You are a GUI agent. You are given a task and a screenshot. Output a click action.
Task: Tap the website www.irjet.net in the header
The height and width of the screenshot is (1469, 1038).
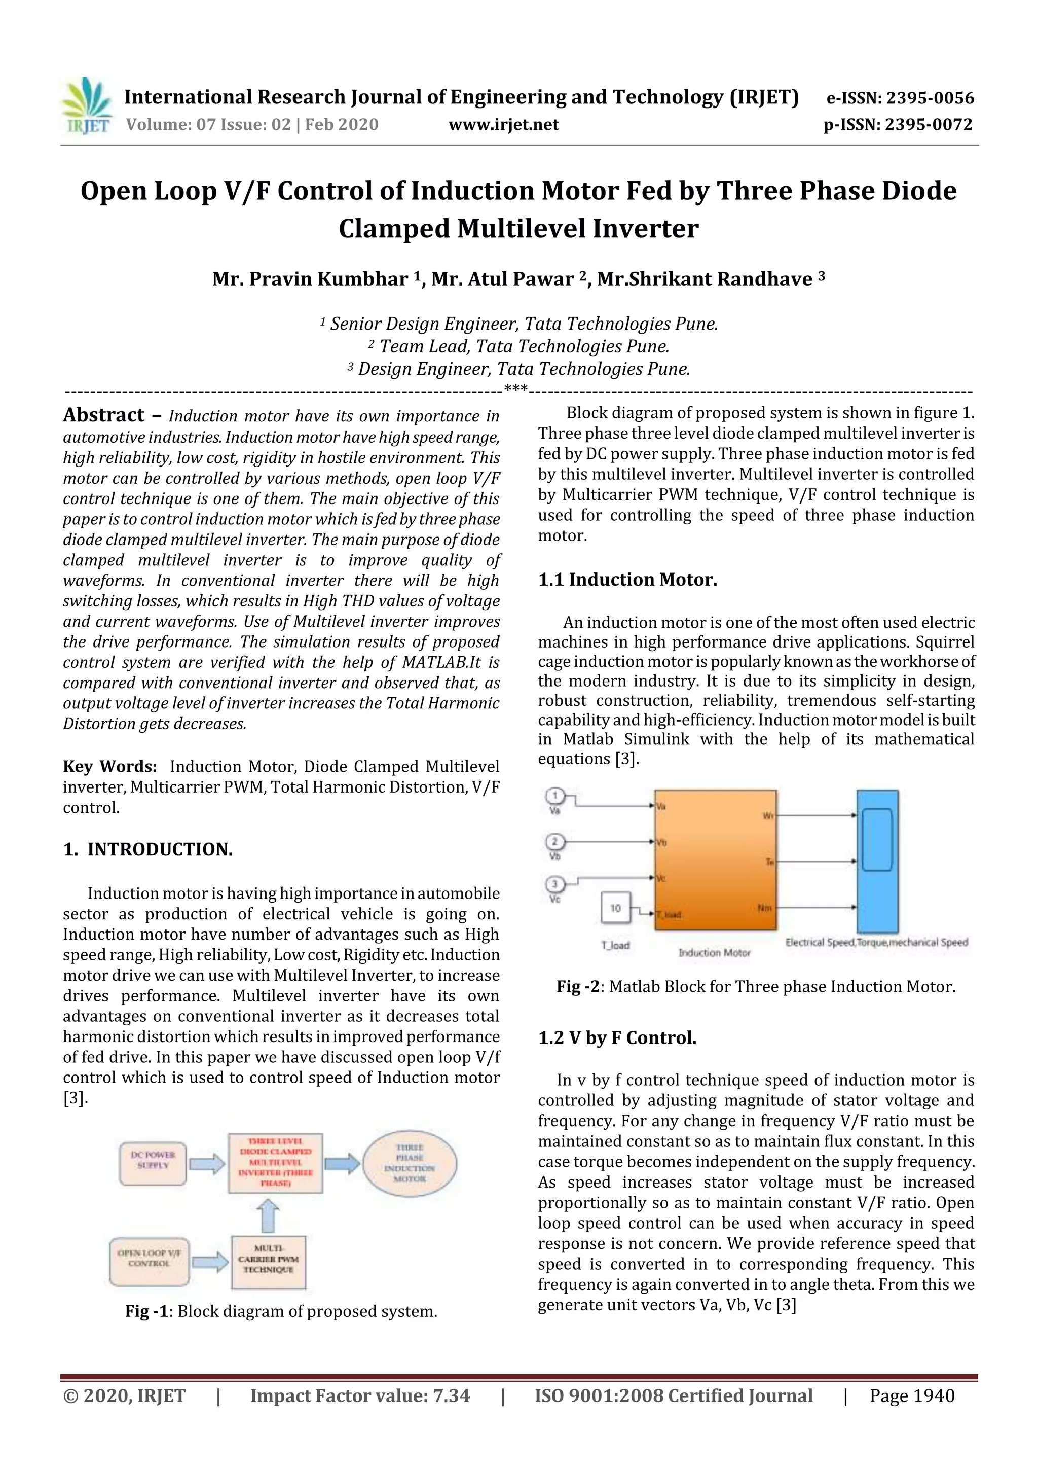503,125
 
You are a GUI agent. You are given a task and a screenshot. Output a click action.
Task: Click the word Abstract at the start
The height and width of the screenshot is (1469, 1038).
103,415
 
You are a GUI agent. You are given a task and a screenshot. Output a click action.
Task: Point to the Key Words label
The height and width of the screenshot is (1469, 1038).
109,767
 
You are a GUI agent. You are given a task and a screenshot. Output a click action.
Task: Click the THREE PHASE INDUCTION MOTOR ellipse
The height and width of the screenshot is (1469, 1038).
410,1163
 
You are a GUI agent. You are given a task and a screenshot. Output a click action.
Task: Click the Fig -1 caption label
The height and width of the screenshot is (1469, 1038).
146,1312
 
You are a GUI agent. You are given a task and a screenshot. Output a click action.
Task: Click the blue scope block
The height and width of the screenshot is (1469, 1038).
877,861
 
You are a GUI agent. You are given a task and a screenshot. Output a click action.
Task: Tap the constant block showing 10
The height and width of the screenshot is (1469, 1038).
615,907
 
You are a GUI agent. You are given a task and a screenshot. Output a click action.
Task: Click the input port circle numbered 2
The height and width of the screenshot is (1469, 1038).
554,841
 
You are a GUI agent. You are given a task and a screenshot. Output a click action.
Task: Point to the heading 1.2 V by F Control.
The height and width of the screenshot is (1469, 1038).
617,1038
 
